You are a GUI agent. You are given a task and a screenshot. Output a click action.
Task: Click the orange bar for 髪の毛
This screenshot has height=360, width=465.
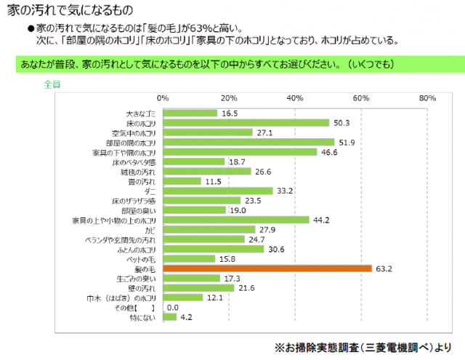267,268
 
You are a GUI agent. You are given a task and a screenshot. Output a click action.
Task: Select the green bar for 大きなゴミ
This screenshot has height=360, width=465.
190,113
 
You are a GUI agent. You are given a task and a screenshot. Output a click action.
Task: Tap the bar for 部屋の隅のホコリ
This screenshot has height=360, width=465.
248,142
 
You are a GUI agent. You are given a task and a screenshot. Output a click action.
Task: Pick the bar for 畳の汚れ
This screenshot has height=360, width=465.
182,181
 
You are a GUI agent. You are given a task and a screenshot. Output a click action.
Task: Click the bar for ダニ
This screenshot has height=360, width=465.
218,191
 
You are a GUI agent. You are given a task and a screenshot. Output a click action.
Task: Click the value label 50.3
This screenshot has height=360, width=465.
340,123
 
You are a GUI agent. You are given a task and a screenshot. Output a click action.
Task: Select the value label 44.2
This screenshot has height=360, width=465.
320,220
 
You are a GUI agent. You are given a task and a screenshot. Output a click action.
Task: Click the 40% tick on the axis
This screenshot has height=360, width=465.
295,98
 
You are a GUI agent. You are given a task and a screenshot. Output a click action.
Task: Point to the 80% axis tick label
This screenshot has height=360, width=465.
426,98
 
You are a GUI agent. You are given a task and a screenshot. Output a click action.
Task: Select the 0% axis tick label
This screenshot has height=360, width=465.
163,98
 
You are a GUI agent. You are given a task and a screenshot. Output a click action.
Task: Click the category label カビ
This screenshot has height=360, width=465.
151,230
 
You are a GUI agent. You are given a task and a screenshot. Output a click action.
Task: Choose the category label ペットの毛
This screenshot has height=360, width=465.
142,259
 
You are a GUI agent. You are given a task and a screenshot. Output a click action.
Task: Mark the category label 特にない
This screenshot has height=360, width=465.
142,317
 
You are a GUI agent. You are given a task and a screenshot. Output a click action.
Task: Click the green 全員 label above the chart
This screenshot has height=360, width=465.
52,84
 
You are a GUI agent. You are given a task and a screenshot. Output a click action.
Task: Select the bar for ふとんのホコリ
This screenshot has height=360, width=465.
214,249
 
